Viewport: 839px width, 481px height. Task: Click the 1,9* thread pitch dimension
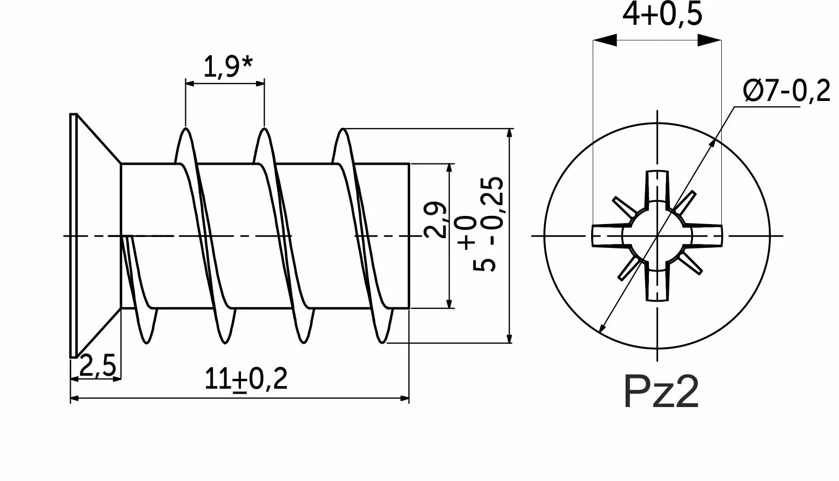click(x=227, y=67)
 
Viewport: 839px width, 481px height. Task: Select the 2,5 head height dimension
click(x=97, y=367)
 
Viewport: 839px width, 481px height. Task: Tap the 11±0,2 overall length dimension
click(x=246, y=380)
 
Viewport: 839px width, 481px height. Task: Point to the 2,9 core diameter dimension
click(x=436, y=219)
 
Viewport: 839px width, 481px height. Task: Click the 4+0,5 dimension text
click(x=662, y=15)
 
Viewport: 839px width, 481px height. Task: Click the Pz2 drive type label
click(x=661, y=393)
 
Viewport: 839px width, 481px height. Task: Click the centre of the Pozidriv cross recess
click(x=657, y=236)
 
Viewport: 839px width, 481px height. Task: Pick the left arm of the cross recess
click(x=607, y=236)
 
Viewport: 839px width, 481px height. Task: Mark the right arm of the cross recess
click(x=707, y=236)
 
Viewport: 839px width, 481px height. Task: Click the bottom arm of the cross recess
click(x=657, y=286)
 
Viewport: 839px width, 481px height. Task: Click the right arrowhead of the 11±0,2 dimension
click(x=404, y=398)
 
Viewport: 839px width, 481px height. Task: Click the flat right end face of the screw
click(x=408, y=236)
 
